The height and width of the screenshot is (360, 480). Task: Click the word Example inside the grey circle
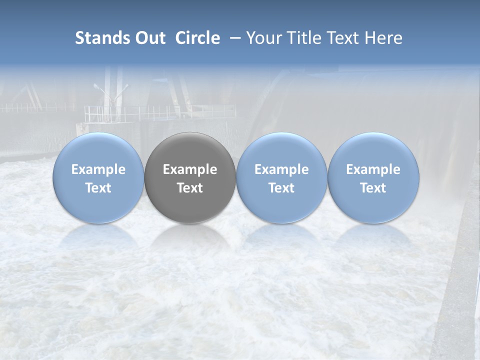[x=190, y=169]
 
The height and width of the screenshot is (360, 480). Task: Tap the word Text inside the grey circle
[x=190, y=188]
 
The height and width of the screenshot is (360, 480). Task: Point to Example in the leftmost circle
[x=98, y=169]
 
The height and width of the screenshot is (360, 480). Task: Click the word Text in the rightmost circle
[x=373, y=188]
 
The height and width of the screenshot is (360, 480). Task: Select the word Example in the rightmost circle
[x=373, y=169]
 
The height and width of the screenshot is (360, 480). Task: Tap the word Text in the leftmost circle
[x=98, y=188]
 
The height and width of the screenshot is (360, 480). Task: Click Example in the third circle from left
[x=281, y=169]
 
